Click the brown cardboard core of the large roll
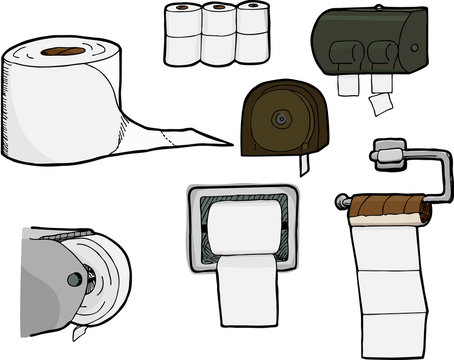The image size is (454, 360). (67, 49)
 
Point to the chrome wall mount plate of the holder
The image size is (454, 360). (385, 152)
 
